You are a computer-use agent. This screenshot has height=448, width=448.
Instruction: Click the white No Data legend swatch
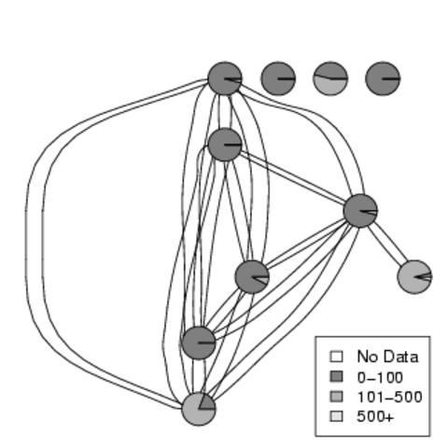coord(336,357)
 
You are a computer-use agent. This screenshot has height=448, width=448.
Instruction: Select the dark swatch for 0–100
coord(336,376)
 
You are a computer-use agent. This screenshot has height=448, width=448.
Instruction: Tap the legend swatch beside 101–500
coord(336,397)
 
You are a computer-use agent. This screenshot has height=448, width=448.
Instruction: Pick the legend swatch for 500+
coord(336,416)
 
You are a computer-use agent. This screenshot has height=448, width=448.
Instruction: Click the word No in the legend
coord(366,357)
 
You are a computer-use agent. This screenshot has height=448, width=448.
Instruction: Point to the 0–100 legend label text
coord(380,377)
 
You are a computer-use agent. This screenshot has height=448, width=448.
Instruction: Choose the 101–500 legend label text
coord(389,397)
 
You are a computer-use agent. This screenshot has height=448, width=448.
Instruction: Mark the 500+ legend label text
coord(375,417)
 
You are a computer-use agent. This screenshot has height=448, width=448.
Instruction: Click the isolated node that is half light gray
coord(330,78)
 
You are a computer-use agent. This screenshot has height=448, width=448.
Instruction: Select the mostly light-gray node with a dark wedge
coord(199,409)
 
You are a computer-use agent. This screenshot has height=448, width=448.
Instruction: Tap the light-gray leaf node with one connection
coord(414,276)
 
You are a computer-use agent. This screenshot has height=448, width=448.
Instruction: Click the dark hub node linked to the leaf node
coord(360,211)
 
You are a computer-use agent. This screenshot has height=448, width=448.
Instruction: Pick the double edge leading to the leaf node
coord(387,244)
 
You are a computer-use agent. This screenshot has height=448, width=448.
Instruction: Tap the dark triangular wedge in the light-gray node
coord(207,402)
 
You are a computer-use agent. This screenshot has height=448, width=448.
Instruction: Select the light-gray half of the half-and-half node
coord(330,87)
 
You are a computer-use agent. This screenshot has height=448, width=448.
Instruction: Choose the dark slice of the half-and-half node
coord(330,70)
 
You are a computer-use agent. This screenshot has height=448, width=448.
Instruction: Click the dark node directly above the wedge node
coord(199,343)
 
